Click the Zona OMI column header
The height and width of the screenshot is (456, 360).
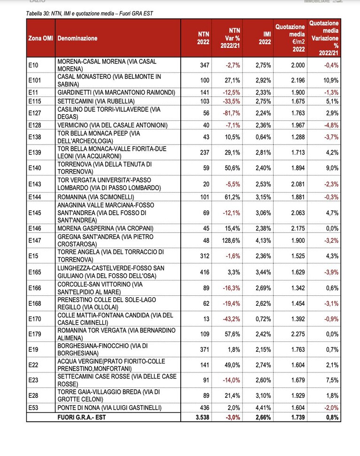[40, 38]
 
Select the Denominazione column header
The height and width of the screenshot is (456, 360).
[77, 38]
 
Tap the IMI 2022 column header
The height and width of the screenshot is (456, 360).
[265, 38]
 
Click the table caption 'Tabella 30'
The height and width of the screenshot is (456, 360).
[90, 13]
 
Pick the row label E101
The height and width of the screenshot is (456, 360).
[35, 80]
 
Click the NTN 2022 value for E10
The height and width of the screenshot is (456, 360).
[205, 65]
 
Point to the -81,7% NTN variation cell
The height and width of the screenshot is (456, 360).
[231, 113]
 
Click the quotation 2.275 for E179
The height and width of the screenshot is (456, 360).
[298, 334]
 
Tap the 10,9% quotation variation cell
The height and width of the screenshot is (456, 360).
[331, 80]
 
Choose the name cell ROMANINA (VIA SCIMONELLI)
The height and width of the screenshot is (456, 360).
[96, 197]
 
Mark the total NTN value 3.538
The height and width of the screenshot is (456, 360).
[202, 417]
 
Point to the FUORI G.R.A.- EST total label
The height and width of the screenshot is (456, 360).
[82, 417]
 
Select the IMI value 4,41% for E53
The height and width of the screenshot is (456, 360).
[263, 408]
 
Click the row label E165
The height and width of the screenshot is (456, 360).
[35, 272]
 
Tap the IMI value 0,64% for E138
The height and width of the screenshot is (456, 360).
[263, 137]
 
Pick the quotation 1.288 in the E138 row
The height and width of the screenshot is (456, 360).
[298, 137]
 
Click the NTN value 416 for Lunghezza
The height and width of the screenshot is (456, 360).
[205, 272]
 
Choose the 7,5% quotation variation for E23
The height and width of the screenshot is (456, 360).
[332, 380]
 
